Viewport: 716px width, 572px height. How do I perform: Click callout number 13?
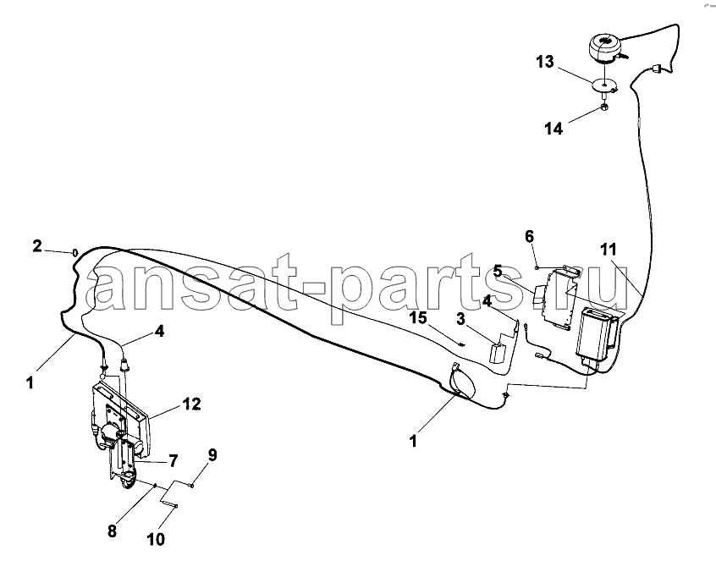[x=545, y=61]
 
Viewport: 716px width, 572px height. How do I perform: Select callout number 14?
[x=554, y=129]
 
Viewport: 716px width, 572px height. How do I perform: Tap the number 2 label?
[x=37, y=246]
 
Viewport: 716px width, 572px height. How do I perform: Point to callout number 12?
[x=192, y=404]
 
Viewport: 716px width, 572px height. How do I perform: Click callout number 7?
[x=173, y=461]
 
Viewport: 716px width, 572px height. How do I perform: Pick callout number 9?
[x=212, y=455]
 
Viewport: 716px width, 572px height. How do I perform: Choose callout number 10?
[x=156, y=540]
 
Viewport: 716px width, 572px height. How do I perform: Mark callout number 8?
[x=112, y=531]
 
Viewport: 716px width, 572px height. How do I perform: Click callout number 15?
[x=418, y=317]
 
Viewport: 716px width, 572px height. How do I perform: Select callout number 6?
[x=529, y=236]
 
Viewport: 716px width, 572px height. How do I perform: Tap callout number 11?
[x=609, y=250]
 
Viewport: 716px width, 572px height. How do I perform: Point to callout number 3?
[x=460, y=319]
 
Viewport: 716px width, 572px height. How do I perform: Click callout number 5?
[x=498, y=271]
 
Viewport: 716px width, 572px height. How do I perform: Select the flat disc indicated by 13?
[x=603, y=85]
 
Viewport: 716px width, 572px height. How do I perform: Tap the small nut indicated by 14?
[x=603, y=107]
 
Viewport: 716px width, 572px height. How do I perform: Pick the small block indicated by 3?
[x=496, y=352]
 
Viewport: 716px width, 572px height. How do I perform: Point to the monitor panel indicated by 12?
[x=120, y=418]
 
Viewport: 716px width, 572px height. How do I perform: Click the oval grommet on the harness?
[x=462, y=380]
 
